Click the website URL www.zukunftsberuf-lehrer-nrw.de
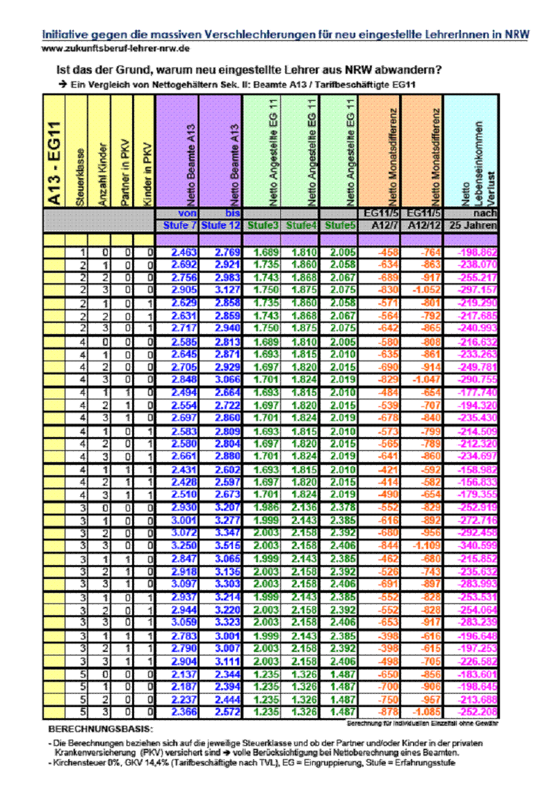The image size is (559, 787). click(x=116, y=48)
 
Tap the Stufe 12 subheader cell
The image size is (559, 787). click(x=220, y=225)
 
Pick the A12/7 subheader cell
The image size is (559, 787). click(x=381, y=225)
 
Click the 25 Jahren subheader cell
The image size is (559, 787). click(x=473, y=225)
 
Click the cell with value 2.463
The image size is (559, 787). click(x=184, y=252)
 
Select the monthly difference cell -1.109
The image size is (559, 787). click(x=424, y=544)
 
